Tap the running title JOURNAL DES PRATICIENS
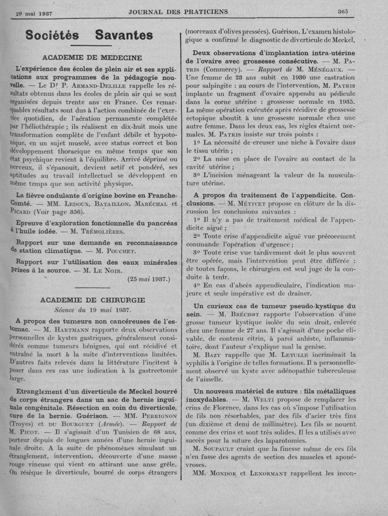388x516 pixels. click(178, 12)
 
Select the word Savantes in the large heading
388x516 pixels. click(124, 35)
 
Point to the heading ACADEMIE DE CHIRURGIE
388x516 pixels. click(93, 300)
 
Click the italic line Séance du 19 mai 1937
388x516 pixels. click(92, 309)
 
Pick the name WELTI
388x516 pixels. click(259, 399)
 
